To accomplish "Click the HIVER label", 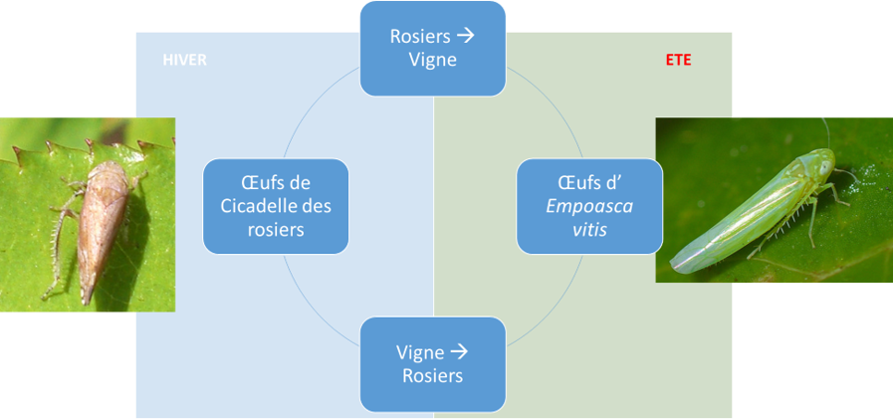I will [x=184, y=60].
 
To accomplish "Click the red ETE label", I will [x=677, y=60].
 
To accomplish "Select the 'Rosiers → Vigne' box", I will [x=433, y=48].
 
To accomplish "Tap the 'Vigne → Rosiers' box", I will [x=433, y=364].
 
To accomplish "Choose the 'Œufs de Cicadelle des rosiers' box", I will [x=276, y=206].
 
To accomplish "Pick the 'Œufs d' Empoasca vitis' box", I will [x=589, y=206].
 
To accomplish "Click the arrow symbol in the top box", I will [x=465, y=36].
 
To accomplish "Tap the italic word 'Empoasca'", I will [x=589, y=206].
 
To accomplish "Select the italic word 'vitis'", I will [x=589, y=229].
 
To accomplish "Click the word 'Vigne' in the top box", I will [x=433, y=60].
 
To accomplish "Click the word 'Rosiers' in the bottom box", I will [x=433, y=376].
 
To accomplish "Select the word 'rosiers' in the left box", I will [x=276, y=229].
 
